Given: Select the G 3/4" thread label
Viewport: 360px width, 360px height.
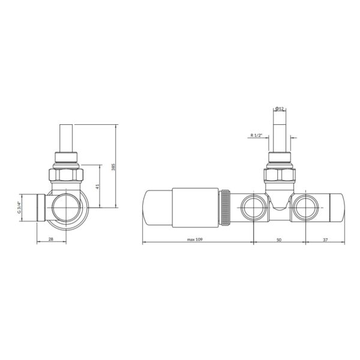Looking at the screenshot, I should pos(20,207).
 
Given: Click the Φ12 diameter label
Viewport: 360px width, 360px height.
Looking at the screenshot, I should pos(280,109).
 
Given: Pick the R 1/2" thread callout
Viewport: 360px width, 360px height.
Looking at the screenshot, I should pos(257,136).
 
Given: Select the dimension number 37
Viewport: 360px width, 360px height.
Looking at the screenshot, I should pos(325,239).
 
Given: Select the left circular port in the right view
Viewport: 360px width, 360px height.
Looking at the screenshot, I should pos(251,208).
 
